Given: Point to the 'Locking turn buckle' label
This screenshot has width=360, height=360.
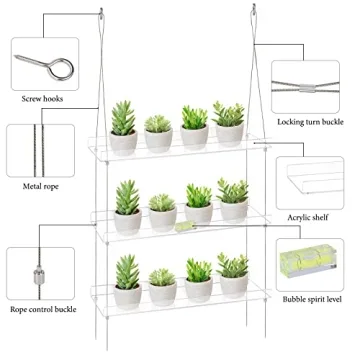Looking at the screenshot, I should click(315, 120).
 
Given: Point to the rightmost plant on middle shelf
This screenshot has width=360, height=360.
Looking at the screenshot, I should click(233, 200).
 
